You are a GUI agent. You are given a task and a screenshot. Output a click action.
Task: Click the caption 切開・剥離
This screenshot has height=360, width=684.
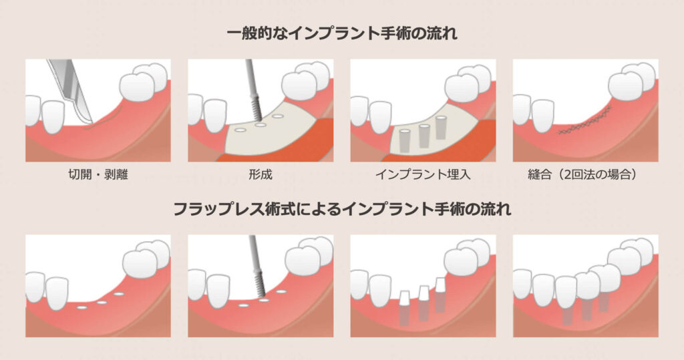(x=98, y=176)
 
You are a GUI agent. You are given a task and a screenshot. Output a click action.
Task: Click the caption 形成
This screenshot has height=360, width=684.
(x=260, y=176)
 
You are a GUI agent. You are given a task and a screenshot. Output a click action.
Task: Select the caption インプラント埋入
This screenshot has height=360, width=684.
(x=423, y=176)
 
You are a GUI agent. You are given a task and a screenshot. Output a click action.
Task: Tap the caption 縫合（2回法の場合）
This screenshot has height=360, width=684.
(x=585, y=176)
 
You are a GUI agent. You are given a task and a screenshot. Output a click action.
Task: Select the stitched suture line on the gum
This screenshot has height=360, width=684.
(x=585, y=123)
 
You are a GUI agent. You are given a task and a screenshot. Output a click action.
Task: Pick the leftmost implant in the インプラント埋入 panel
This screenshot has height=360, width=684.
(x=405, y=139)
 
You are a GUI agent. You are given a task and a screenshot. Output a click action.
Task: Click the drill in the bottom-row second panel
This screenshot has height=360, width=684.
(x=257, y=271)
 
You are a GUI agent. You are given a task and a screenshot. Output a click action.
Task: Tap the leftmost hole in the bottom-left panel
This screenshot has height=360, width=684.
(x=82, y=308)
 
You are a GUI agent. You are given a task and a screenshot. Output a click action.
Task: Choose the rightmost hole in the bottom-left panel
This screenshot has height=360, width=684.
(x=120, y=293)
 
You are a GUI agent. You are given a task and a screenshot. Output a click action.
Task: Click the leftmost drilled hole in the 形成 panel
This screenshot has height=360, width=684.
(x=239, y=131)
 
